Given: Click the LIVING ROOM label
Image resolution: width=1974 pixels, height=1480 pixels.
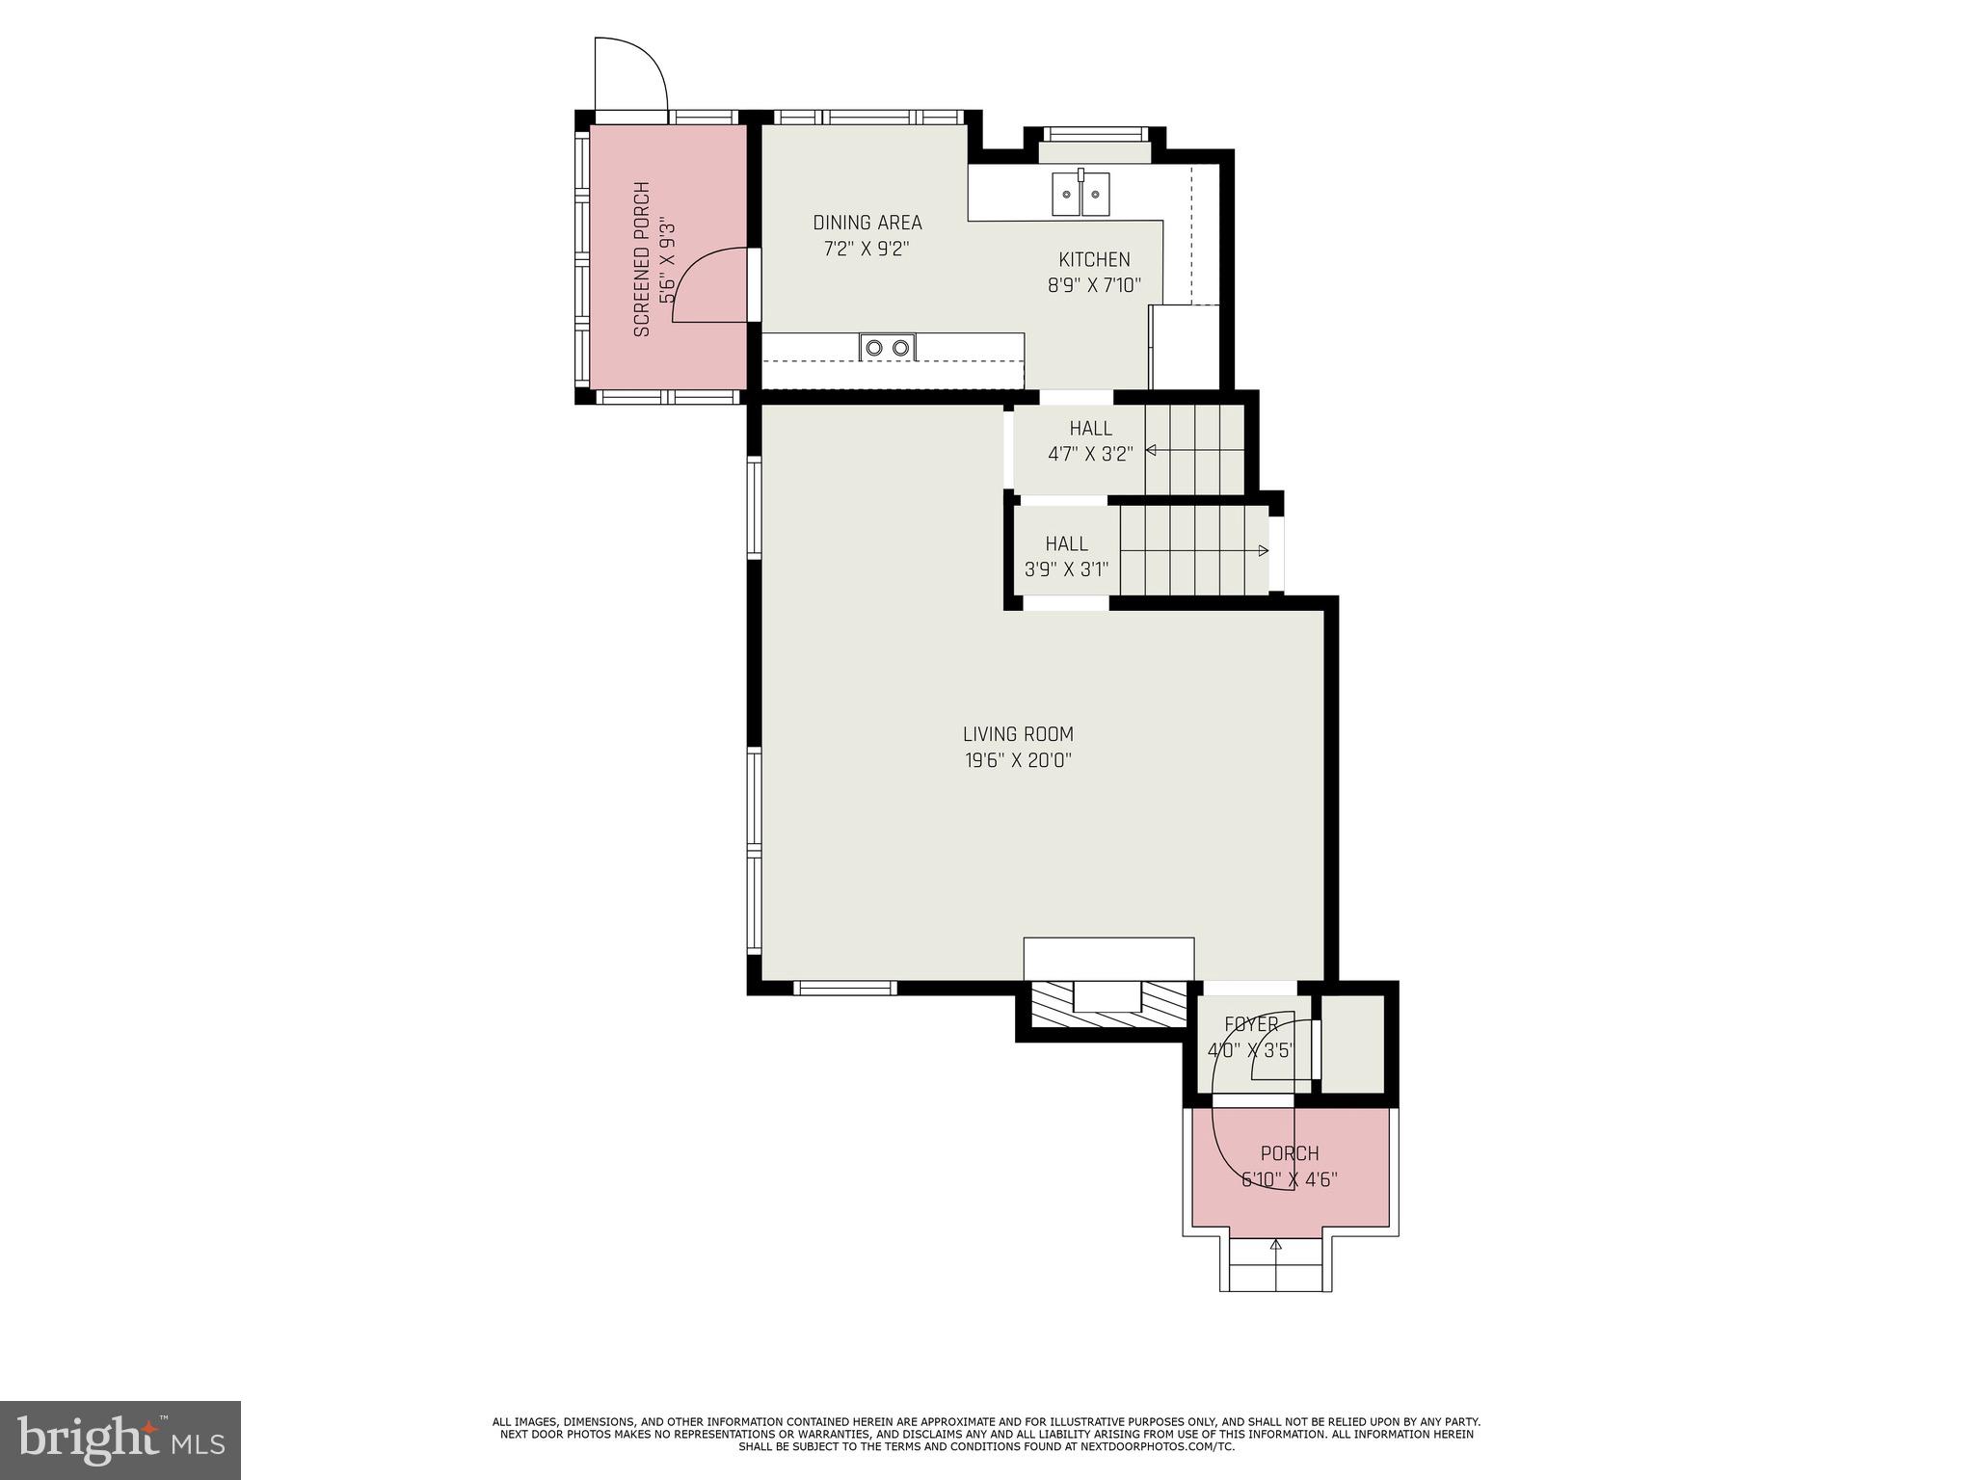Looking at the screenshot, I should click(1018, 734).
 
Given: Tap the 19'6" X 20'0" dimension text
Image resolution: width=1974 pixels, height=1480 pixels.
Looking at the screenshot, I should click(1018, 760).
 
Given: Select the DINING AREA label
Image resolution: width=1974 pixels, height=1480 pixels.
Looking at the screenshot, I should click(867, 223).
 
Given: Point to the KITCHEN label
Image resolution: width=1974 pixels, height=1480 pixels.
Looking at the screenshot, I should click(1094, 259).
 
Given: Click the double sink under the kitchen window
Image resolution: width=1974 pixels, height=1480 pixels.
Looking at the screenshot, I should click(1080, 194).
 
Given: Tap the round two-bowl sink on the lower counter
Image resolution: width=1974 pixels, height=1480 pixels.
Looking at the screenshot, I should click(888, 347).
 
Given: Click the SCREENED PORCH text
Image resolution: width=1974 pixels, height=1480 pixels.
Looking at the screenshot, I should click(642, 259).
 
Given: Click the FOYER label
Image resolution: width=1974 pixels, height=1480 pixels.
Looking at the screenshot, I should click(1251, 1024).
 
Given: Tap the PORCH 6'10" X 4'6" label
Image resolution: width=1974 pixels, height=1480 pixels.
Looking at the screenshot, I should click(1289, 1166).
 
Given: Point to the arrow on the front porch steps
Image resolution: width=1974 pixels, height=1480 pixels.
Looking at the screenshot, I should click(1276, 1246).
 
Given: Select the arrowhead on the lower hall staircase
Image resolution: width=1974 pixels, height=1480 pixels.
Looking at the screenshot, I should click(1263, 551).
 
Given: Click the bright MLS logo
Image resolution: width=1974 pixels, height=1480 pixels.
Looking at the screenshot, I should click(120, 1440).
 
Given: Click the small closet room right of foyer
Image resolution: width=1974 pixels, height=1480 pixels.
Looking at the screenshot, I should click(1352, 1044).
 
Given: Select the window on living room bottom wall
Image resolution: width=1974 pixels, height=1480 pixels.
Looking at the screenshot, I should click(844, 988).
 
